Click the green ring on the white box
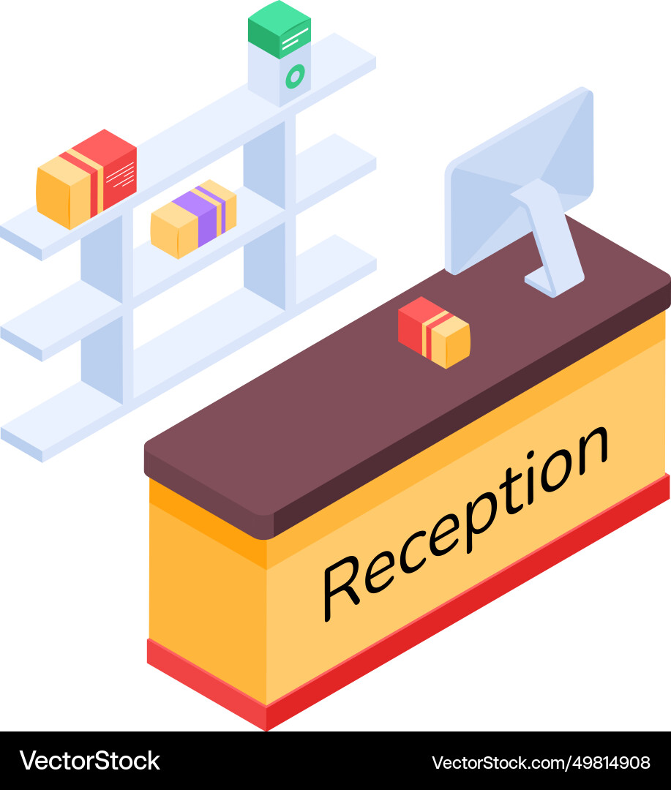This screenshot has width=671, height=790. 294,75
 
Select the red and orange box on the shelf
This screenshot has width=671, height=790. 86,178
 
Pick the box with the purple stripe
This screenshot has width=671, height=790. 193,218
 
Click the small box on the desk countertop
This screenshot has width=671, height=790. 434,332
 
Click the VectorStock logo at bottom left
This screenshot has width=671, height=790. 89,761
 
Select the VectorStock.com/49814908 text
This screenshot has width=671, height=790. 541,762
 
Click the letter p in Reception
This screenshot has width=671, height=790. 461,534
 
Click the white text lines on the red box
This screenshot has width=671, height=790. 121,174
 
